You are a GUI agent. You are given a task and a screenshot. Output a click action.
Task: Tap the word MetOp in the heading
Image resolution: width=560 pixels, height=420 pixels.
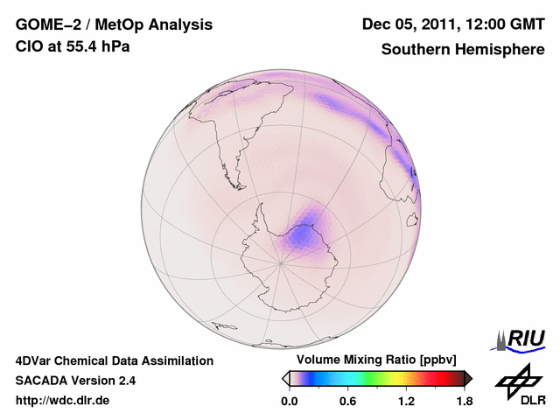pos(118,24)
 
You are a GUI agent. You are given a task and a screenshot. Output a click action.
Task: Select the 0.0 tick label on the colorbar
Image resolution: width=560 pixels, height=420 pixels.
pos(290,402)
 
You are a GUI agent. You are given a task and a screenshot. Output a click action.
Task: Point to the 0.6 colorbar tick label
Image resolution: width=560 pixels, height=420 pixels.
pos(347,402)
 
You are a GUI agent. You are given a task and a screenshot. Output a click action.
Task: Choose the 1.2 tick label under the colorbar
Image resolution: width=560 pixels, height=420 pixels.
pos(405,402)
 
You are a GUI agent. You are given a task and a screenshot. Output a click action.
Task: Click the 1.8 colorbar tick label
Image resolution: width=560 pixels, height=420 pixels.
pos(463,402)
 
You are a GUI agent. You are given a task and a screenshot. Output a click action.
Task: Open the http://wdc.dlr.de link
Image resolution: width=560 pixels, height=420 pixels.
pos(63,401)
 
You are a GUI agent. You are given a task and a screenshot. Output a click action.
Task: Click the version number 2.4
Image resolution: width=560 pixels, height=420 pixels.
pos(124,381)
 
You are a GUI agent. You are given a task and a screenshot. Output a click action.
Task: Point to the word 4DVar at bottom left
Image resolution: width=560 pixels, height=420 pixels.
pos(35,360)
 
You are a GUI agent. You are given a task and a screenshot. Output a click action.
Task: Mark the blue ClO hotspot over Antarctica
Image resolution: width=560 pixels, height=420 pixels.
pos(304,234)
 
